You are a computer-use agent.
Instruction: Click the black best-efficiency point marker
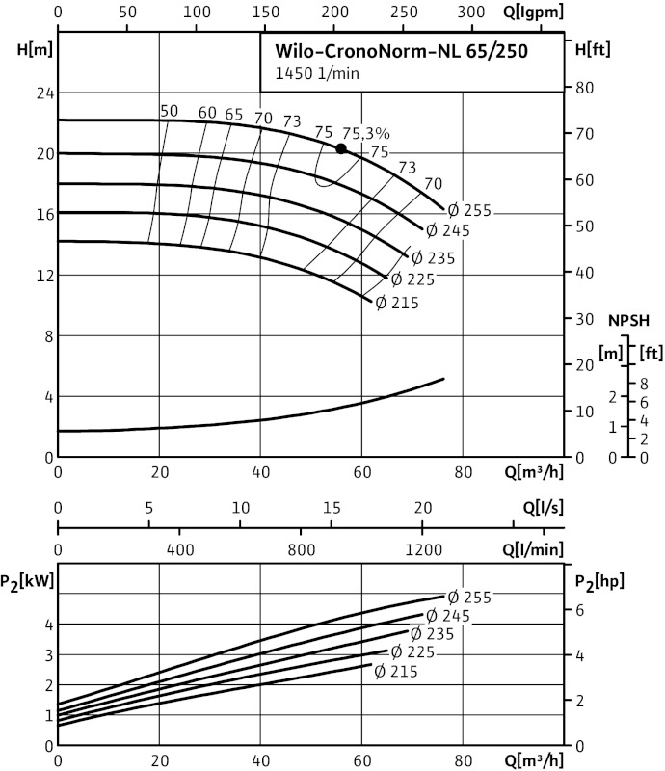pyautogui.click(x=341, y=148)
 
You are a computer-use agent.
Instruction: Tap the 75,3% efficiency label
pyautogui.click(x=367, y=134)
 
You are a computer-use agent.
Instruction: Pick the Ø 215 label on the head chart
pyautogui.click(x=395, y=302)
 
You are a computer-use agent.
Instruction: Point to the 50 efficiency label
pyautogui.click(x=169, y=111)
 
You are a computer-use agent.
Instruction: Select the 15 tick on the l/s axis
pyautogui.click(x=332, y=508)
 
